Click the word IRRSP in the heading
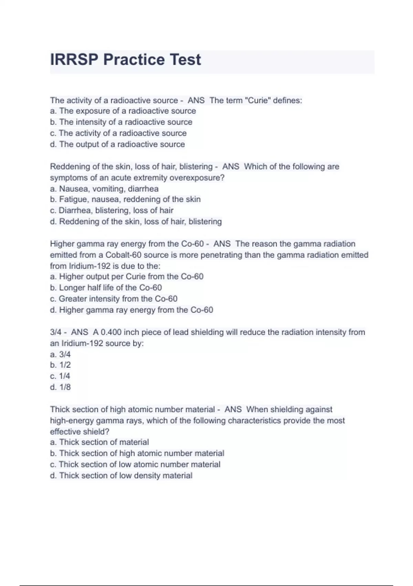click(74, 60)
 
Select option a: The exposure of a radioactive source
click(123, 111)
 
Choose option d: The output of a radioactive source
click(117, 144)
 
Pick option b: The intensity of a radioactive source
click(121, 122)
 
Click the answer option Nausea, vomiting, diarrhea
click(104, 189)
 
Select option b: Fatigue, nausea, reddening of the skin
click(125, 199)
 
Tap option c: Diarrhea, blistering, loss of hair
click(112, 210)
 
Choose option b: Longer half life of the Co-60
click(106, 287)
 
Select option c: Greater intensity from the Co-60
click(114, 299)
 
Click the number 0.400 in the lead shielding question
click(111, 332)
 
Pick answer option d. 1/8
click(60, 387)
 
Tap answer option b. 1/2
click(60, 365)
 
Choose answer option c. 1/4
click(60, 376)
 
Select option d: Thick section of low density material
click(121, 475)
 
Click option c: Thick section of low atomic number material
click(135, 464)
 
